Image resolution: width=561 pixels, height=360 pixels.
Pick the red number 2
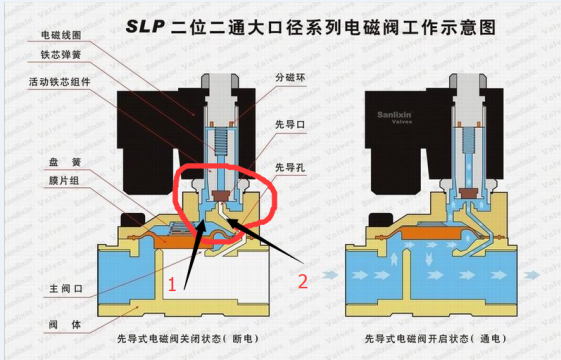tap(304, 281)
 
